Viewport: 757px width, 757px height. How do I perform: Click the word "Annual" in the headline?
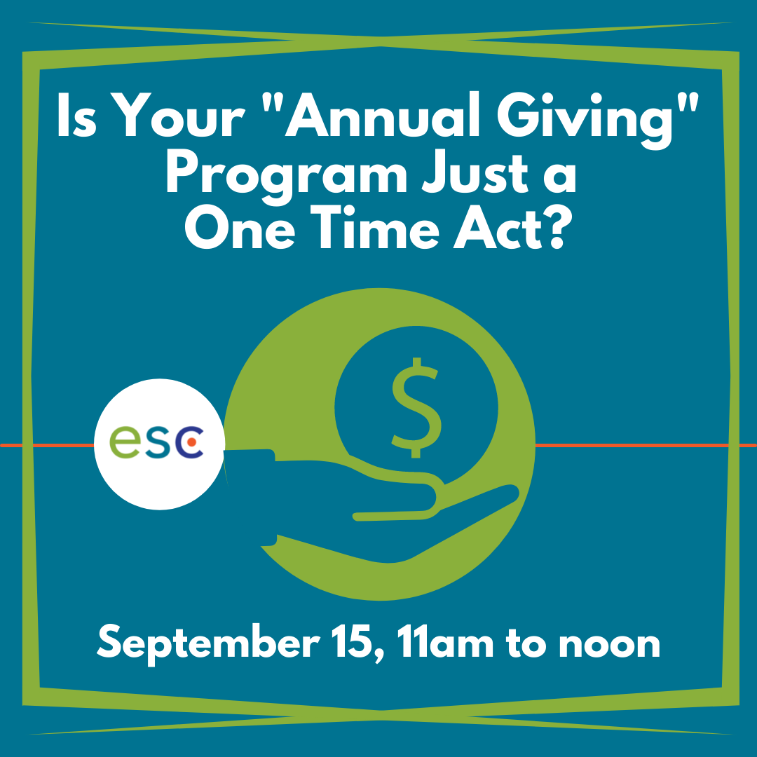point(383,114)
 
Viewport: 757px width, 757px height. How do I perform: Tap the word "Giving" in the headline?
point(585,120)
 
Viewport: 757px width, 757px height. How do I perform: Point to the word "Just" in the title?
point(475,172)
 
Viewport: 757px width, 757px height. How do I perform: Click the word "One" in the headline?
point(240,228)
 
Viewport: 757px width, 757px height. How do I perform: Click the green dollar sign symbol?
point(416,408)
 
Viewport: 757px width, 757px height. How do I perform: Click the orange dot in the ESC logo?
point(191,442)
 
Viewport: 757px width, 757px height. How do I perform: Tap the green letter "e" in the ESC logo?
point(125,442)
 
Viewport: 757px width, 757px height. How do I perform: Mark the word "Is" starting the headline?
point(76,115)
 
